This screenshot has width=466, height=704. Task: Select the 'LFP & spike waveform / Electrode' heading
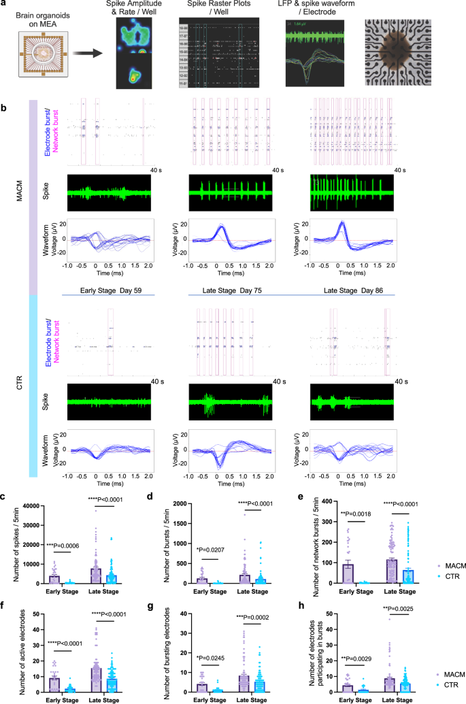tap(315, 10)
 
